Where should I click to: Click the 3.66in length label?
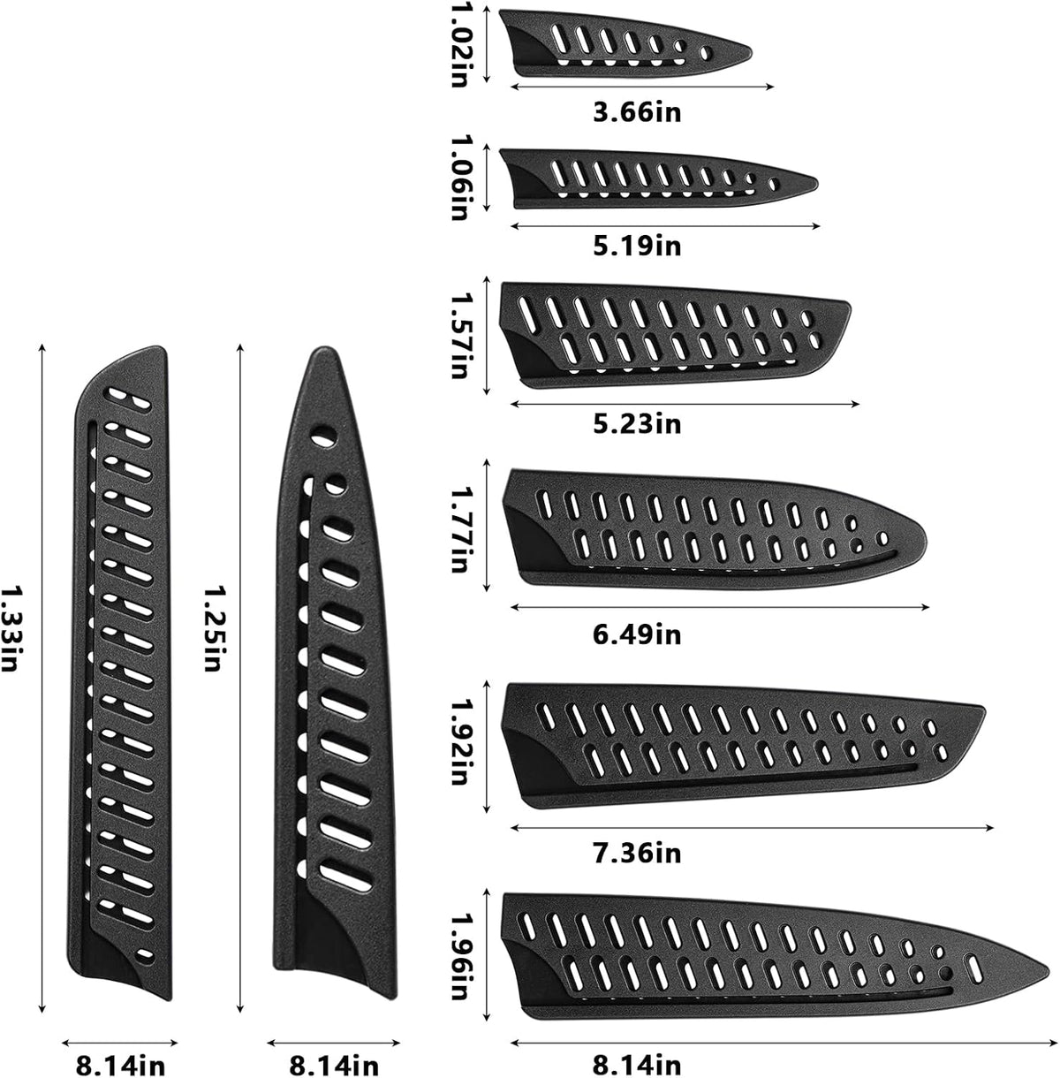[x=637, y=112]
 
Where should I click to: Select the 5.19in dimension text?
[x=637, y=247]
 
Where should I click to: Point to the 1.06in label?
[x=459, y=177]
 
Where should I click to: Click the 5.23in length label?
[x=637, y=424]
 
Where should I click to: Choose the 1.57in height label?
[x=459, y=336]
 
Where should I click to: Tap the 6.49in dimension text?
[x=637, y=635]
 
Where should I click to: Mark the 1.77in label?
[x=459, y=529]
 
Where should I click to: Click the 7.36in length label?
[x=637, y=853]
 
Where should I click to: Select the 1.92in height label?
[x=459, y=742]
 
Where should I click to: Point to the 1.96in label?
[x=459, y=957]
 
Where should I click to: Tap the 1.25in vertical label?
[x=213, y=627]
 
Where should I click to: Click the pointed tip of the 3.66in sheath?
[x=751, y=53]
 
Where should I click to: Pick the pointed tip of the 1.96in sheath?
[x=1049, y=968]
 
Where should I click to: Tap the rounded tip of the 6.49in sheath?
[x=926, y=542]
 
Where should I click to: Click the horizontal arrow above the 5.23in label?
[x=685, y=404]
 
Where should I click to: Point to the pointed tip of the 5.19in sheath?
[x=817, y=184]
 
